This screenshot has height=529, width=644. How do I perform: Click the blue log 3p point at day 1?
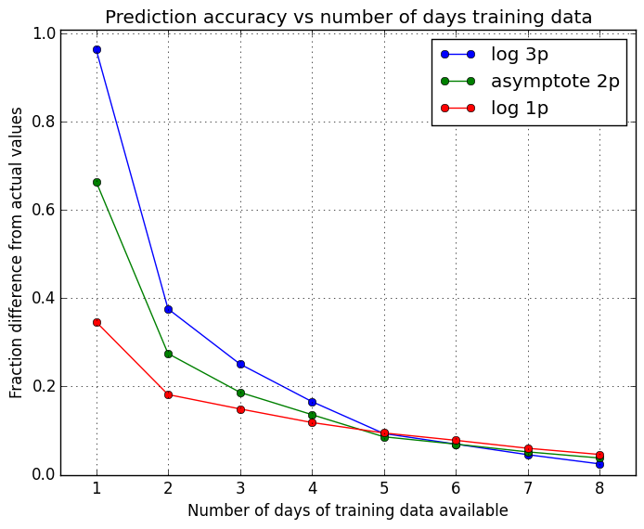click(x=97, y=49)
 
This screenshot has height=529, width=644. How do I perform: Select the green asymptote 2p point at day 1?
click(x=97, y=182)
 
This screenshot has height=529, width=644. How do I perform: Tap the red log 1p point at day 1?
click(x=97, y=322)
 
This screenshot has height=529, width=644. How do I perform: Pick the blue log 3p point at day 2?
click(x=168, y=309)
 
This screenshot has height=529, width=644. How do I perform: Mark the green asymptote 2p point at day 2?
click(x=168, y=354)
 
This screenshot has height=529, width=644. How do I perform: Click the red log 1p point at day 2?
click(x=168, y=394)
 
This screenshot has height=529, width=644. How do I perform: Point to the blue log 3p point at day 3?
click(x=240, y=364)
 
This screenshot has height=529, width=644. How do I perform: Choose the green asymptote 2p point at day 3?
click(x=240, y=393)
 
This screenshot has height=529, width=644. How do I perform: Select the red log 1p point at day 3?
click(x=240, y=409)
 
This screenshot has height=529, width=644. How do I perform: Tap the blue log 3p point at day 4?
click(x=312, y=402)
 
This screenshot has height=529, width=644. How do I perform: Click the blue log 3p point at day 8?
click(x=599, y=464)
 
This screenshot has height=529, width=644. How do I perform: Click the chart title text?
click(x=348, y=17)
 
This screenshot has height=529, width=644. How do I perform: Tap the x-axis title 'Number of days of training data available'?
click(x=348, y=510)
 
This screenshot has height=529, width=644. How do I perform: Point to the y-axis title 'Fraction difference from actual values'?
click(x=18, y=252)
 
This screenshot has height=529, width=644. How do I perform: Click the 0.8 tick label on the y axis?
click(x=42, y=122)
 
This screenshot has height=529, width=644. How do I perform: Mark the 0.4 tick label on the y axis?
click(x=42, y=298)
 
